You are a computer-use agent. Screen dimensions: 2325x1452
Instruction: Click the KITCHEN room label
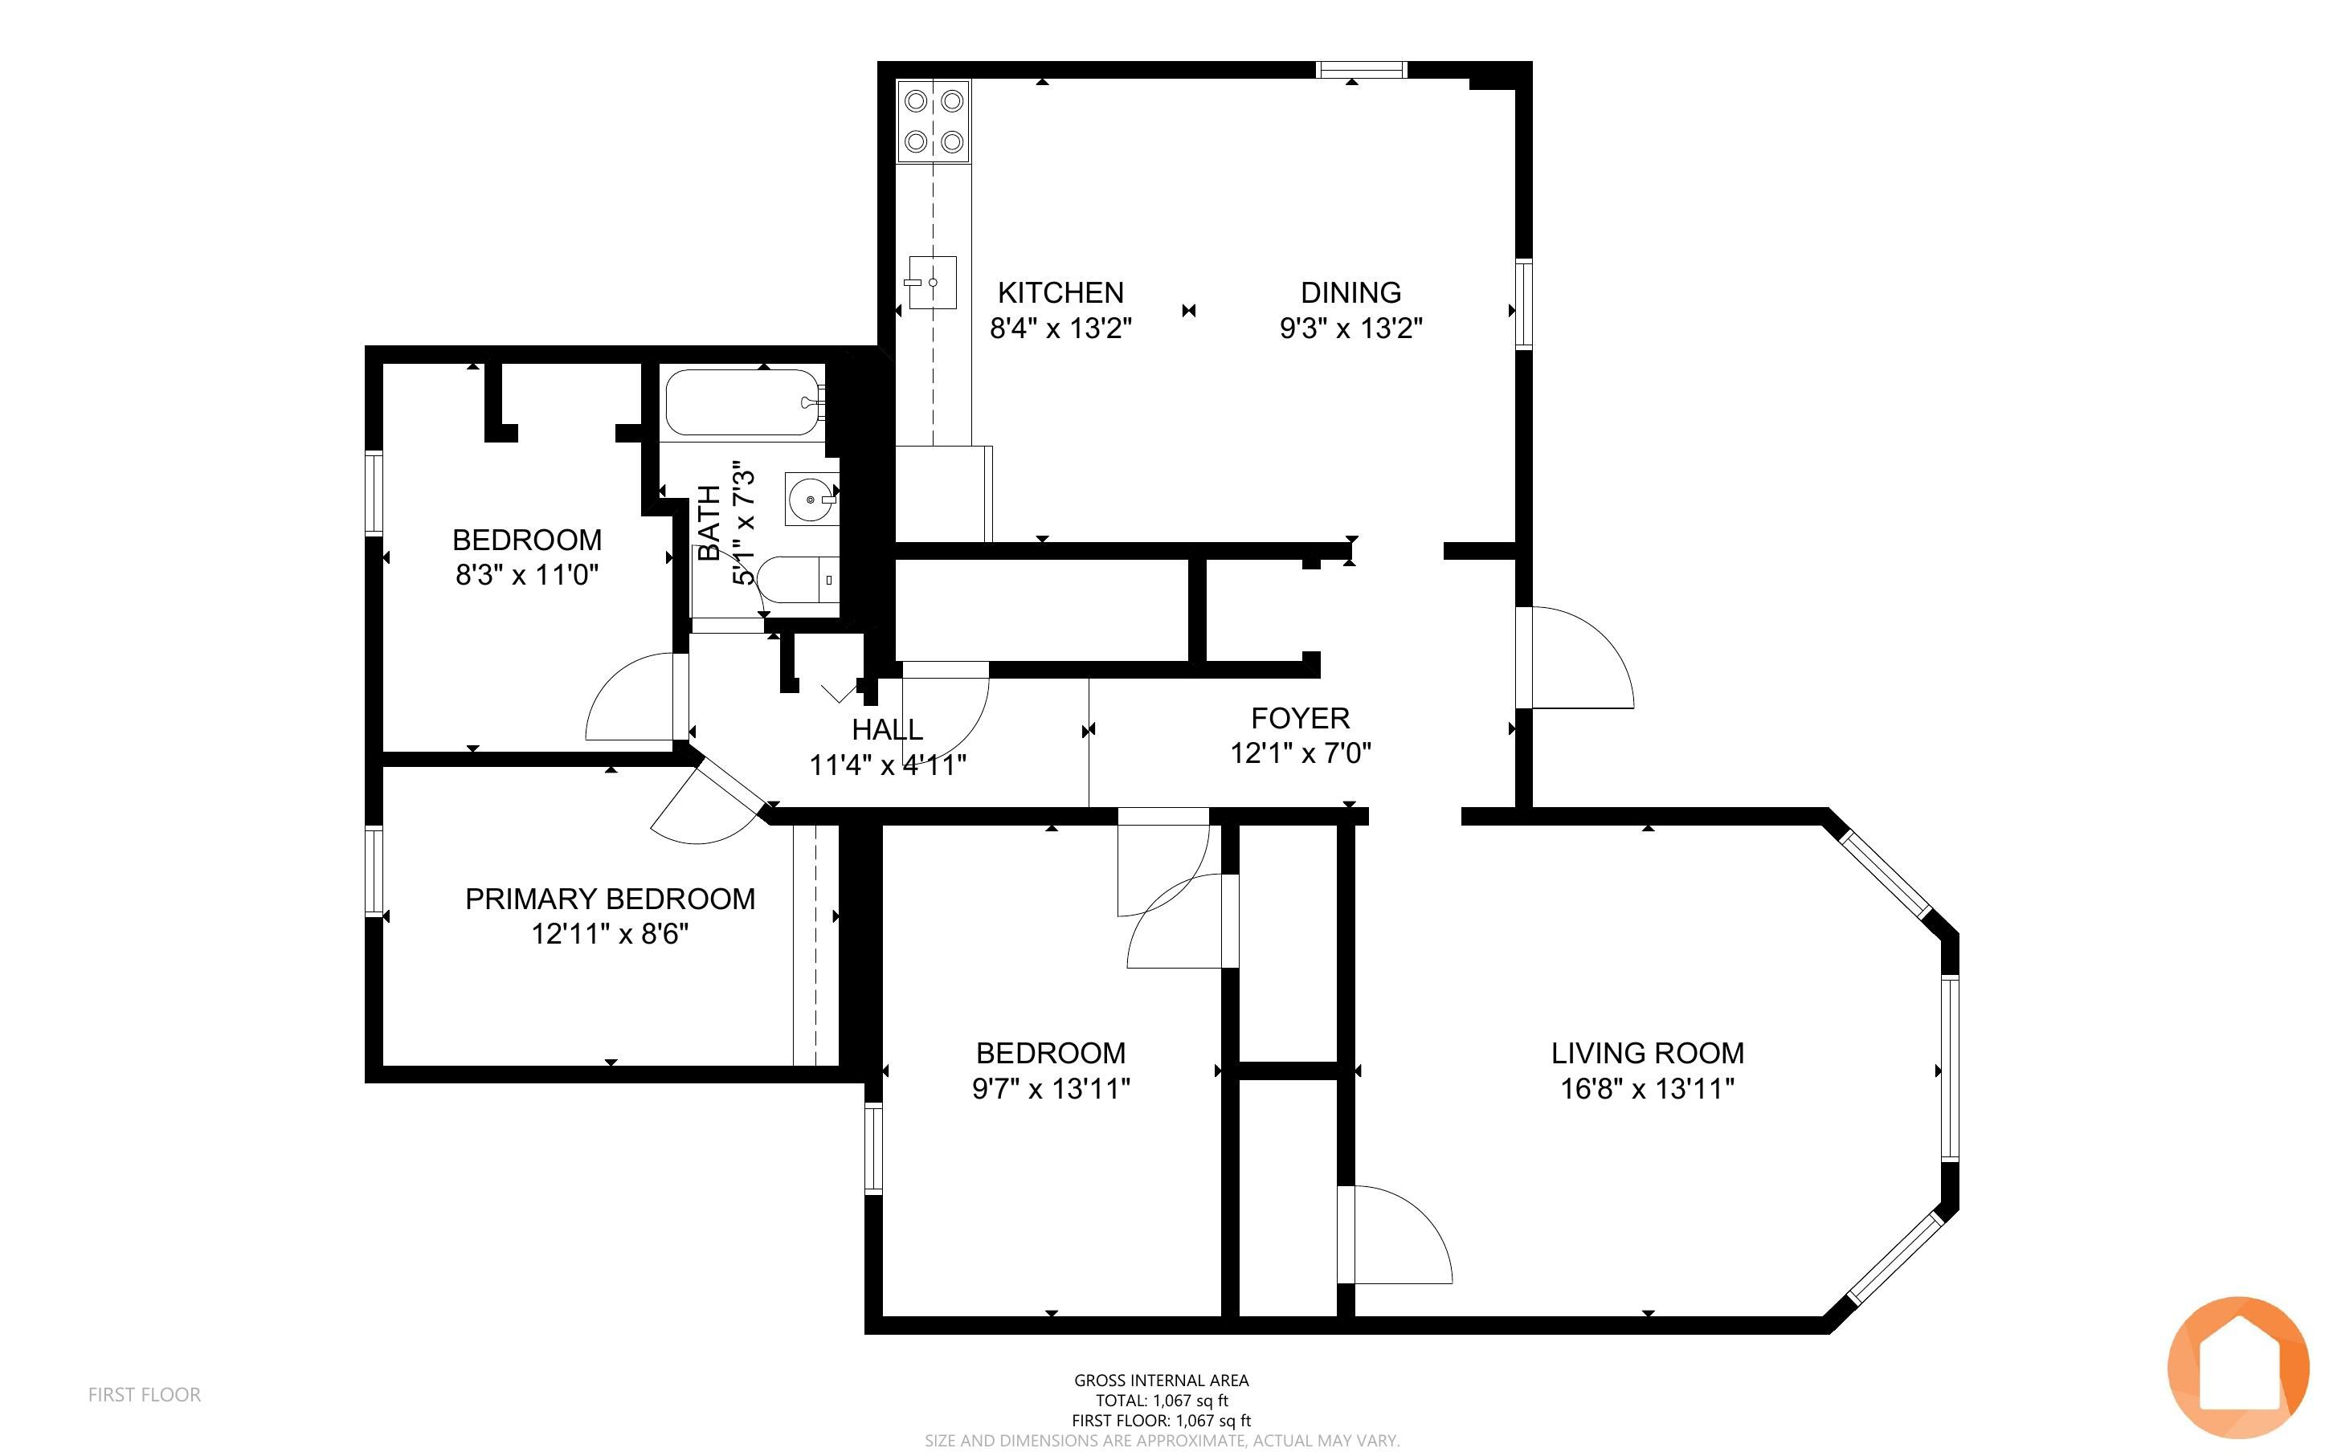point(1060,292)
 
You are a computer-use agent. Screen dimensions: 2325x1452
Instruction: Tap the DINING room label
point(1350,292)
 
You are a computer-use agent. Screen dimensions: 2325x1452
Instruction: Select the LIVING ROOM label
point(1647,1054)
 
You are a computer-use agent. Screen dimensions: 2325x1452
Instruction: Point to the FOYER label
point(1301,718)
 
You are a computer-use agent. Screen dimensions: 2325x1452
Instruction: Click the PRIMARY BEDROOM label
point(610,899)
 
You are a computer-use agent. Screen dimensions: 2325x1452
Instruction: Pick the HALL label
point(888,730)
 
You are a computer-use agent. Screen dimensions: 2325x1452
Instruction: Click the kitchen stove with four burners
point(934,121)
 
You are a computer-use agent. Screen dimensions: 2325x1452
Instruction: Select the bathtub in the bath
point(744,403)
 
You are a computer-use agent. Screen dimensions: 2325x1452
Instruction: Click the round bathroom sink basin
point(811,500)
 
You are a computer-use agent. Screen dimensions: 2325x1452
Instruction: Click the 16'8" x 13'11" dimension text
point(1647,1089)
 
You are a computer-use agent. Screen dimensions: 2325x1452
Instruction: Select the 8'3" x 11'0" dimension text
point(527,575)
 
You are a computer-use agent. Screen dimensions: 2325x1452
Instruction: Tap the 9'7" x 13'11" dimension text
point(1051,1089)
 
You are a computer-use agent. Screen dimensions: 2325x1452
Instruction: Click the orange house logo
point(2237,1367)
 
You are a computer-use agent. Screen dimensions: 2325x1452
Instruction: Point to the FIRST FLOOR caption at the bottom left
point(144,1394)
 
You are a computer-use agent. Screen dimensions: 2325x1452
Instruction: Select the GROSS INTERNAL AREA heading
point(1161,1380)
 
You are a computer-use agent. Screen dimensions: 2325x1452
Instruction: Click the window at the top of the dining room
point(1361,69)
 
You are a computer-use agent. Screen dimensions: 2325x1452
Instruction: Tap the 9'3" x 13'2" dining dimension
point(1350,328)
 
